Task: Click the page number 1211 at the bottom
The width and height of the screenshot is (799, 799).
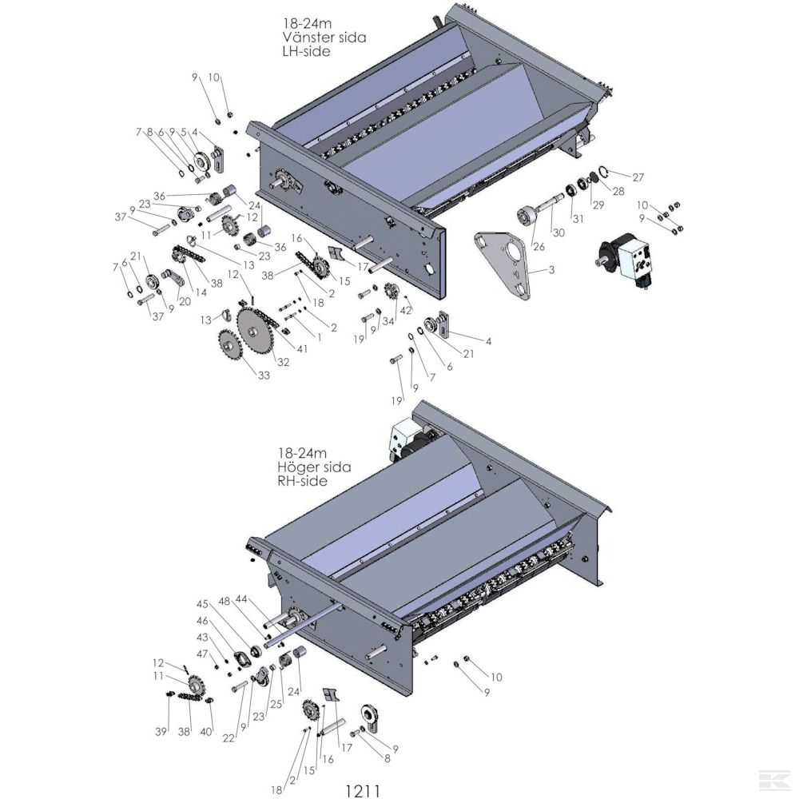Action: pos(362,790)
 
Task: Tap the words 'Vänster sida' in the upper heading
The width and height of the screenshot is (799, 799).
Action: pos(324,38)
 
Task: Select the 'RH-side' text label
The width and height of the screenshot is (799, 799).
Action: pos(302,480)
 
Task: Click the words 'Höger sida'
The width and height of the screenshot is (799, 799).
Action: pos(314,467)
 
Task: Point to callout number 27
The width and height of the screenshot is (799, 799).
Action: pos(638,177)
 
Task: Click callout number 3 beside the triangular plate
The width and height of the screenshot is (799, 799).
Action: pos(551,269)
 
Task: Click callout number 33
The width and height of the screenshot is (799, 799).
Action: pos(264,376)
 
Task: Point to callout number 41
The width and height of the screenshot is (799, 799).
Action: pos(302,350)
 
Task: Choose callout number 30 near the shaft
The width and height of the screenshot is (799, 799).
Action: pos(559,233)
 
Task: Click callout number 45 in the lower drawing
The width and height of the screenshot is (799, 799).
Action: pos(202,604)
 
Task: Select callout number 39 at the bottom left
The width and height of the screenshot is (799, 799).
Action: pos(161,732)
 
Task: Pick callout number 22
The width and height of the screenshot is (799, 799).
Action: pos(229,737)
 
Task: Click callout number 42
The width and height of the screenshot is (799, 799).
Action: pos(406,309)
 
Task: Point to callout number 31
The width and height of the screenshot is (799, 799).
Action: pos(578,219)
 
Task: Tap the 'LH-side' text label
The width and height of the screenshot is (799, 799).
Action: pos(306,51)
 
